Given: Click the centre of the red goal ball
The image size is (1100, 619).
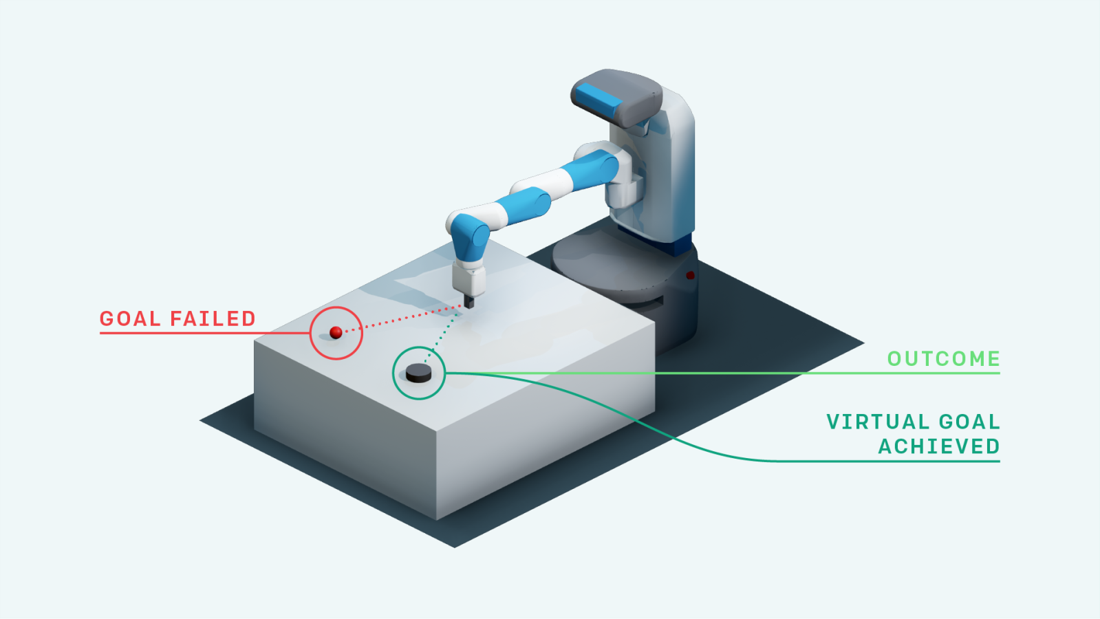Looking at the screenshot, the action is (x=336, y=332).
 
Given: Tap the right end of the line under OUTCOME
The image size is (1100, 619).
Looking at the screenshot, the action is (x=1000, y=373).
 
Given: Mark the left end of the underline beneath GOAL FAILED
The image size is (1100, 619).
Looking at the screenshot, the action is (x=100, y=334).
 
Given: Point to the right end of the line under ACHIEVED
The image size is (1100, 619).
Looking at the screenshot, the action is (x=1000, y=461).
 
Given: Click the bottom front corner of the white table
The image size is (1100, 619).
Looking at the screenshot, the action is (x=437, y=519).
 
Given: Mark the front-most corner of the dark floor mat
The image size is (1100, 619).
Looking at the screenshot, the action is (x=455, y=547).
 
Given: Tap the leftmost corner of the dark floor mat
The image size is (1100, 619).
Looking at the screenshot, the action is (x=200, y=420).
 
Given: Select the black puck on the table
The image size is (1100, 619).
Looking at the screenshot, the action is (x=418, y=373).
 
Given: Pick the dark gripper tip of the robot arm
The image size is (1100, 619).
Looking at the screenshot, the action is (x=469, y=301).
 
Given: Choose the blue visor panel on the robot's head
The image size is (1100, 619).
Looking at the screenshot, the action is (x=598, y=101).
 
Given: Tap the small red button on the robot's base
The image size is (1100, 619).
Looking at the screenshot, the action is (x=690, y=275).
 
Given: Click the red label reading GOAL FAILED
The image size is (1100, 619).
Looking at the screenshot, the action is (x=177, y=318).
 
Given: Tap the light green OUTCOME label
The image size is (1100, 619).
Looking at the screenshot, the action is (x=944, y=359).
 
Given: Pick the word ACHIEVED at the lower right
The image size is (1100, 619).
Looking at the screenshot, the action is (x=939, y=446).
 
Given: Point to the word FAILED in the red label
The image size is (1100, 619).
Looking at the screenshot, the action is (x=213, y=318).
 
